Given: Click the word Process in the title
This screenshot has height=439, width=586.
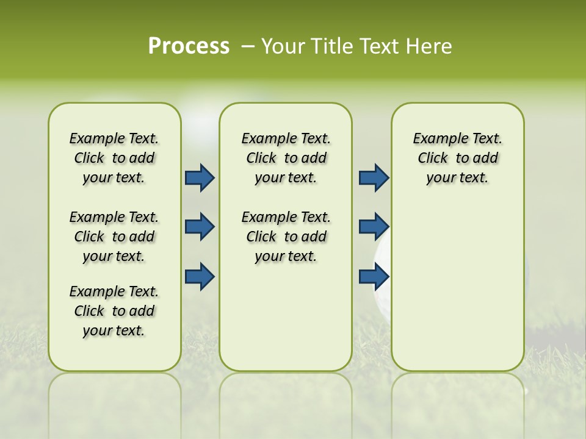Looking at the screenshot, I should [x=189, y=46].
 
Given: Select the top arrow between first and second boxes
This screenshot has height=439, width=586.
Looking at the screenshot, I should [x=200, y=177].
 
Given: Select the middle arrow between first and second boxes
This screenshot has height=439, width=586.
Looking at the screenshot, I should [x=200, y=227].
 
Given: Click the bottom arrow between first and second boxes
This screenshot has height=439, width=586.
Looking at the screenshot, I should [x=200, y=276].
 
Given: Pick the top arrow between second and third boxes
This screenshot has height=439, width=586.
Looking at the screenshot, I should [x=374, y=177].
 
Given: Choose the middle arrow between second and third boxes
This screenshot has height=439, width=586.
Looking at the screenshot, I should [x=374, y=227].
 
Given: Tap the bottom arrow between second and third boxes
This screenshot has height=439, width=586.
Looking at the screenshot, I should [x=374, y=276].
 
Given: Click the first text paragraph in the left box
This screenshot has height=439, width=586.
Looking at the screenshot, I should [x=114, y=158].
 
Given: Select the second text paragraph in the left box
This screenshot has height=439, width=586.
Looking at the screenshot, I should [x=114, y=237].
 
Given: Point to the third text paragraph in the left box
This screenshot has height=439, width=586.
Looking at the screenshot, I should [x=114, y=311].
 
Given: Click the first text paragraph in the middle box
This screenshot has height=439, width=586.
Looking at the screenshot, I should [x=286, y=158].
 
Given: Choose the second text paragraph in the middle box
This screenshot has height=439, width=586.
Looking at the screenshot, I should [x=286, y=237].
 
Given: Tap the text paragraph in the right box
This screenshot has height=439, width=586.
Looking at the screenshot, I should [x=457, y=158].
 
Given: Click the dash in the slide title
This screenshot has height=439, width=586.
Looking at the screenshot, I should [x=248, y=46].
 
